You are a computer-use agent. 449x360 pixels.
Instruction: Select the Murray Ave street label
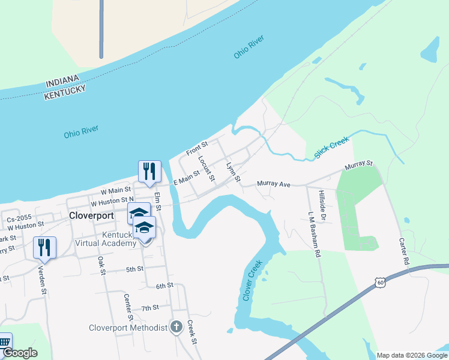tap(273, 184)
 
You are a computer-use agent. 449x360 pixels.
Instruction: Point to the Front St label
tap(196, 148)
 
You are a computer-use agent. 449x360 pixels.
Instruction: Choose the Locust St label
tap(206, 168)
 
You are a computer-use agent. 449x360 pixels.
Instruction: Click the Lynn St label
tap(233, 172)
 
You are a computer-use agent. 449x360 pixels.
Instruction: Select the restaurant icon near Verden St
tap(44, 247)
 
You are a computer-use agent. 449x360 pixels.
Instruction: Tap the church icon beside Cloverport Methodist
tap(176, 327)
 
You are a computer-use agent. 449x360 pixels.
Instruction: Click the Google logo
tap(19, 353)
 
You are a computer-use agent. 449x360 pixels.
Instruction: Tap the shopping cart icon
tap(5, 342)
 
